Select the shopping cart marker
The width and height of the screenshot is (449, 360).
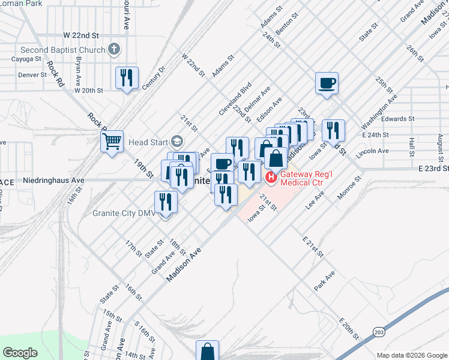[x=112, y=142]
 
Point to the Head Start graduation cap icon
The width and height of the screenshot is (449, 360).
[x=176, y=142]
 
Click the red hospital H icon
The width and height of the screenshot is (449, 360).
[x=270, y=177]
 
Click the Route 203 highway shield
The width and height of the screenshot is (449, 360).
[x=379, y=332]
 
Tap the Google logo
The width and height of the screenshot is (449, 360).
[x=20, y=353]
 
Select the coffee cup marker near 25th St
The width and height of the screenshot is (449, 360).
[x=327, y=83]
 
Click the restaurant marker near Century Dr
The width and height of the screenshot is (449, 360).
[x=127, y=77]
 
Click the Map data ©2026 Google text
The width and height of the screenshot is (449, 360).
[x=412, y=355]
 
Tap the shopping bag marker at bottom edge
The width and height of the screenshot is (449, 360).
[x=207, y=352]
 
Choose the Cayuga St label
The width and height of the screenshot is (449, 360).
[x=26, y=59]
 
